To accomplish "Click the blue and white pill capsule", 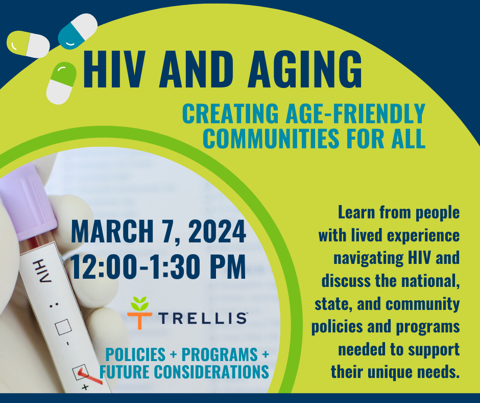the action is tap(78, 31).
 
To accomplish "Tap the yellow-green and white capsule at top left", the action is tap(28, 44).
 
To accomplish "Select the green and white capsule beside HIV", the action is tap(61, 83).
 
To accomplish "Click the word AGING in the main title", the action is tap(305, 70).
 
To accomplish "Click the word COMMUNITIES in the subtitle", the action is tap(271, 139).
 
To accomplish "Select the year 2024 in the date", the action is tap(217, 231).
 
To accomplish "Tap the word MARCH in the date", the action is tap(112, 231).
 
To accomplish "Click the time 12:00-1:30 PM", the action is tap(158, 266).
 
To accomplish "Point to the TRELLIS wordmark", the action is tap(203, 318).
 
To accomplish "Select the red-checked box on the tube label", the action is tap(81, 372).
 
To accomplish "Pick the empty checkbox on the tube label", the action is tap(63, 327).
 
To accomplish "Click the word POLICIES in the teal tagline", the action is tap(135, 355).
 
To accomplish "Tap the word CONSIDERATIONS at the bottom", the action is tap(211, 372).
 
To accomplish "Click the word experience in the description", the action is tap(423, 236).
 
